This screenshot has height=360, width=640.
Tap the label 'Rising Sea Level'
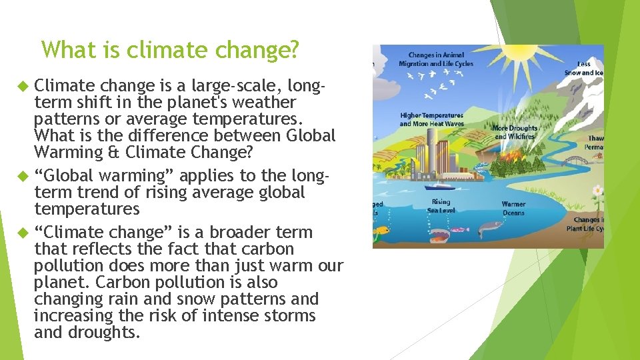tap(441, 205)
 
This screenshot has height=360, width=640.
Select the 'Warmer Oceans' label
tap(513, 208)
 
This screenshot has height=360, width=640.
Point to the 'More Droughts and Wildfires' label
tap(514, 132)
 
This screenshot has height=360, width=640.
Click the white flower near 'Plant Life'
tap(597, 190)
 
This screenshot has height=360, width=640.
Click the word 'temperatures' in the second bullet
tap(87, 209)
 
